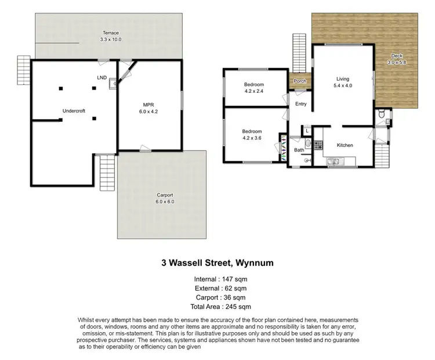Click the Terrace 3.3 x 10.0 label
click(x=111, y=36)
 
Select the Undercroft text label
click(x=74, y=110)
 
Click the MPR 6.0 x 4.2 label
click(x=148, y=109)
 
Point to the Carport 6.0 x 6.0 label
click(x=165, y=199)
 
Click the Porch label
click(x=300, y=81)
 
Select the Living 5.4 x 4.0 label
click(x=343, y=82)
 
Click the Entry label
click(x=301, y=104)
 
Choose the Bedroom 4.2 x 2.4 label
click(x=253, y=88)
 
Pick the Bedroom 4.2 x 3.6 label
click(x=253, y=135)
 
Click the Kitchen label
click(x=345, y=145)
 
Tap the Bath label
click(x=299, y=150)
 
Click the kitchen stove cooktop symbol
click(x=318, y=145)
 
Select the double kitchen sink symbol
click(x=333, y=161)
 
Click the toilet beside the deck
click(x=380, y=116)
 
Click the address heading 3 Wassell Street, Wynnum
click(x=217, y=263)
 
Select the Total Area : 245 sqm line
click(x=217, y=307)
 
